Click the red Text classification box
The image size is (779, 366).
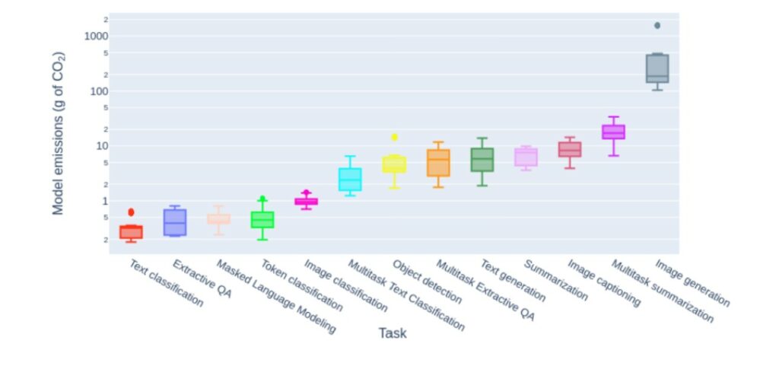[131, 232]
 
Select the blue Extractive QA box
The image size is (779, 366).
[175, 222]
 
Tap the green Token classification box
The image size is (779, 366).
[262, 219]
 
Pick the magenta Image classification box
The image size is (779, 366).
[306, 202]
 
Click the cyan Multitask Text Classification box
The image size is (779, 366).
[350, 180]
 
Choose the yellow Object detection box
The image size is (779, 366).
[394, 164]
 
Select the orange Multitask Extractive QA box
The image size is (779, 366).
[438, 163]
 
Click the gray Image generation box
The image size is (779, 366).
[657, 68]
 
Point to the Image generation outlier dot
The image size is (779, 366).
[657, 26]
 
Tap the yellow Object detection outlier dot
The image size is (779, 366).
[394, 137]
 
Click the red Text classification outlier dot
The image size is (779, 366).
[131, 212]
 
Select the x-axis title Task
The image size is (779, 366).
[393, 333]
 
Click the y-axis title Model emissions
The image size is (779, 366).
[59, 133]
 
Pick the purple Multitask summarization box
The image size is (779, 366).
[613, 132]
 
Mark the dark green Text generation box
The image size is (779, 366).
[482, 160]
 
